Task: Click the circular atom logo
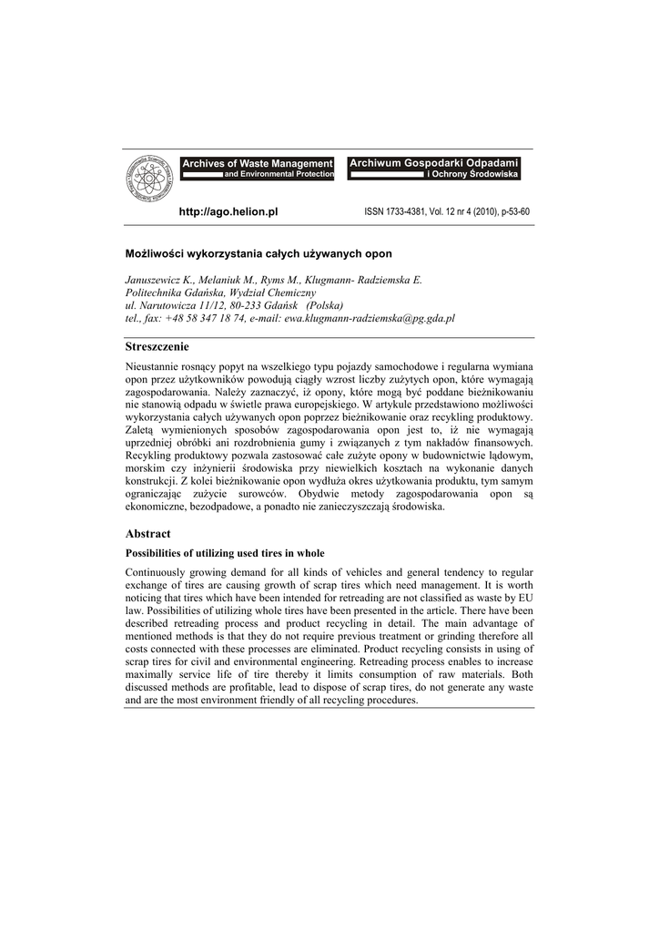pyautogui.click(x=149, y=179)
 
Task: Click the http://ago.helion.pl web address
pyautogui.click(x=228, y=211)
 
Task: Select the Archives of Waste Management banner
pyautogui.click(x=258, y=168)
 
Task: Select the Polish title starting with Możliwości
pyautogui.click(x=259, y=252)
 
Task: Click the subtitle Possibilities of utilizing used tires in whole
pyautogui.click(x=224, y=553)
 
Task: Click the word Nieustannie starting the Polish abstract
pyautogui.click(x=154, y=365)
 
